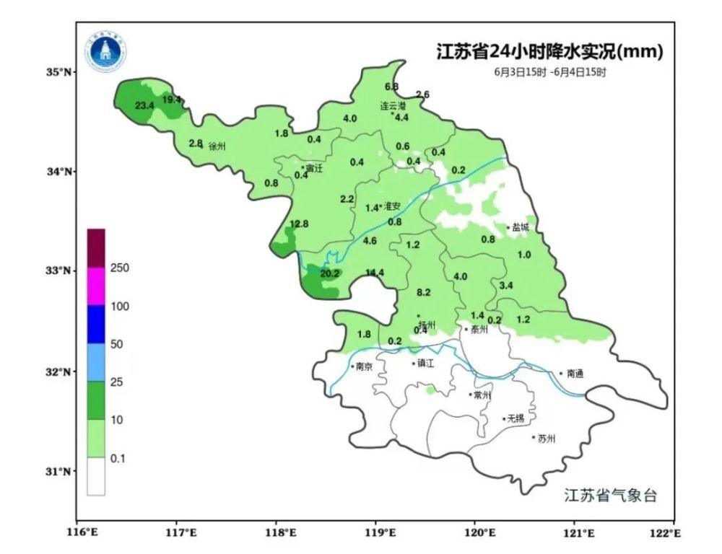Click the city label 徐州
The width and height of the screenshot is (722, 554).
click(217, 146)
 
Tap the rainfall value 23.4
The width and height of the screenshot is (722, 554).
click(144, 106)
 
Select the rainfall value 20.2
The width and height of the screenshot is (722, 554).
click(330, 273)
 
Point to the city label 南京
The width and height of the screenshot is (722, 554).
click(364, 366)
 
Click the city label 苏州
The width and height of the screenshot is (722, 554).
click(547, 438)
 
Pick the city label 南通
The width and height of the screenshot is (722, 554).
click(575, 374)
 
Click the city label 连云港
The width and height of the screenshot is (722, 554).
click(393, 105)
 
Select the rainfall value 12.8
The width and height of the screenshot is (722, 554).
click(299, 224)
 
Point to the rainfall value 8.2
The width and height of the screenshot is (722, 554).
click(424, 292)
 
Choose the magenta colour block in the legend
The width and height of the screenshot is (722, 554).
click(96, 287)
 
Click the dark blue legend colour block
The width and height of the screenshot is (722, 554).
click(96, 325)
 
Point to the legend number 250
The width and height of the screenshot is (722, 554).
click(120, 268)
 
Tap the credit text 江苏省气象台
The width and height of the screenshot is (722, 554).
click(610, 496)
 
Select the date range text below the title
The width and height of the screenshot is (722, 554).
click(550, 72)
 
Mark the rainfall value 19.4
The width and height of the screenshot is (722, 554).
click(172, 100)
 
